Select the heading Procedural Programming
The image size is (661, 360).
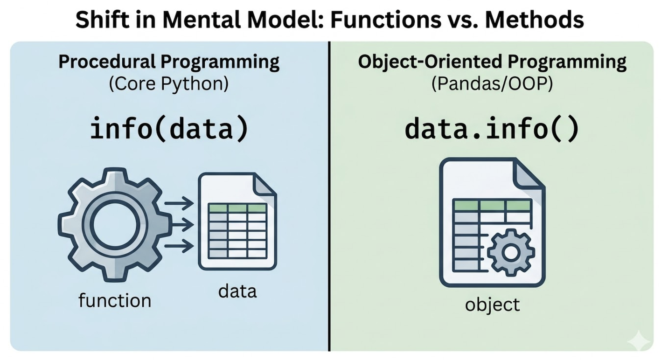coord(169,62)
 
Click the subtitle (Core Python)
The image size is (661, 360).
coord(169,85)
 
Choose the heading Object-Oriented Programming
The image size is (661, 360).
coord(492,62)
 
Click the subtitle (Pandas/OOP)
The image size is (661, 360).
coord(492,85)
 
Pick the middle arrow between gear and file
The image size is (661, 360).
coord(180,225)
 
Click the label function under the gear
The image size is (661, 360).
coord(115,300)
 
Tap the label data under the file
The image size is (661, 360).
coord(237,291)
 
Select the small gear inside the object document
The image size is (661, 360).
coord(510,253)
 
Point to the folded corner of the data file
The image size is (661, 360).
coord(265,185)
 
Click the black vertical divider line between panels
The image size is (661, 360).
coord(329,196)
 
